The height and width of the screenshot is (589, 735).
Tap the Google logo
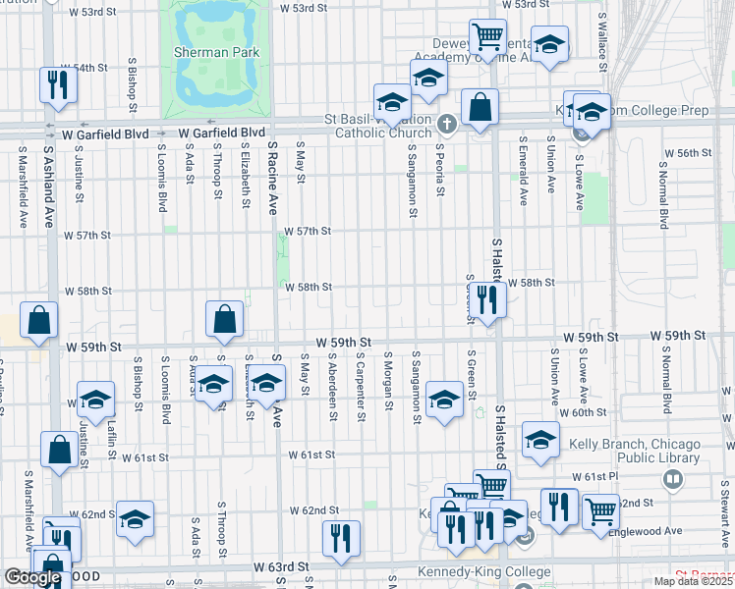32,577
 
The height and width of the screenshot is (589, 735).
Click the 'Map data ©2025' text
694,581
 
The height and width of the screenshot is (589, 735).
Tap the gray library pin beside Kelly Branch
673,479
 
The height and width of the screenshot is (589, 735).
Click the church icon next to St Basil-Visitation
448,124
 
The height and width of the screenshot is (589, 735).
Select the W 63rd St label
281,567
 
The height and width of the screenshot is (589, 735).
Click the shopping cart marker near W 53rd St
487,37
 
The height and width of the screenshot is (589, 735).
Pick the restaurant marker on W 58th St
486,299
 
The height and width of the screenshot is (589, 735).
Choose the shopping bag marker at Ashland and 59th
37,320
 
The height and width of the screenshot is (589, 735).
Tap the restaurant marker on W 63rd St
341,538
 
